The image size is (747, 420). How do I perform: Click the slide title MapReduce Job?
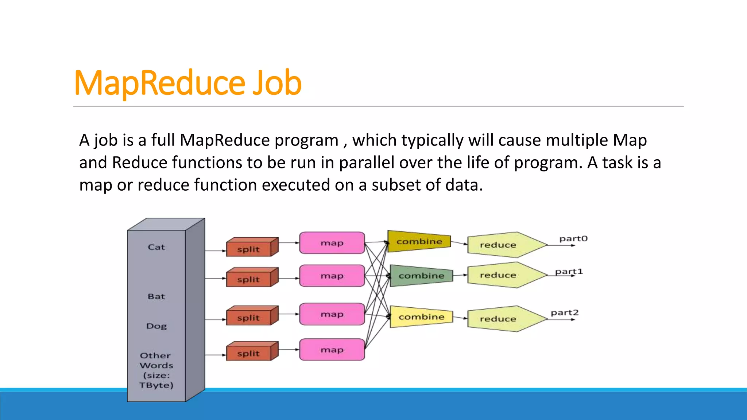click(x=187, y=83)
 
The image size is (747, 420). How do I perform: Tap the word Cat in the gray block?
click(x=156, y=247)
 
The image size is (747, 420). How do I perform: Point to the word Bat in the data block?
click(x=156, y=296)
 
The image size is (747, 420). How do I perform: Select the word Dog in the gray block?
click(x=156, y=326)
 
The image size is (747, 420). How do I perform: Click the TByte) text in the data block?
click(x=156, y=385)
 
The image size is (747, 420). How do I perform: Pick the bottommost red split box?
click(x=249, y=353)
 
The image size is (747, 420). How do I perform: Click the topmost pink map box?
click(x=332, y=243)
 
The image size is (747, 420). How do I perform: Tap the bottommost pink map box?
click(x=332, y=350)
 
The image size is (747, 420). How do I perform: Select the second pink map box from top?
click(x=332, y=276)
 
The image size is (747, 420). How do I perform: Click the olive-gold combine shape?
click(x=419, y=241)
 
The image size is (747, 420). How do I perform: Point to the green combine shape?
click(x=421, y=276)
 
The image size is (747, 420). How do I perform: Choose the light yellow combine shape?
click(x=421, y=317)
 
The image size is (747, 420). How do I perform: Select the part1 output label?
click(x=569, y=272)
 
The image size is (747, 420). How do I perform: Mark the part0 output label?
click(x=573, y=239)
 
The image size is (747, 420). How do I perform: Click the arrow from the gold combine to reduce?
click(x=459, y=243)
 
